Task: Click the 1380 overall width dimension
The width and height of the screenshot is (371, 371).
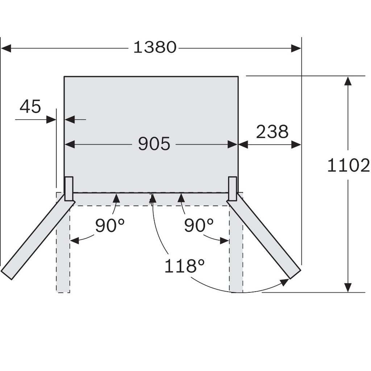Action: click(155, 47)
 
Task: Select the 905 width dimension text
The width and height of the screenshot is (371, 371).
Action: click(154, 144)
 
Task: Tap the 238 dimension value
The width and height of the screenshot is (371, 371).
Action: click(272, 132)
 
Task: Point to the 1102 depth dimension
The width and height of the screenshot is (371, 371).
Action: click(348, 166)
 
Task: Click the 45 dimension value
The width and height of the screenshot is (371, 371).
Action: click(30, 107)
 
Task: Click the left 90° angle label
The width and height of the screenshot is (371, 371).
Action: click(110, 226)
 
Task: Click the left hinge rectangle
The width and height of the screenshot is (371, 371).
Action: click(69, 188)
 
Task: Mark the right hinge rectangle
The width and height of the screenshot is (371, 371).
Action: click(233, 188)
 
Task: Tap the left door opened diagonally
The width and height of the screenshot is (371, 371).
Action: click(36, 241)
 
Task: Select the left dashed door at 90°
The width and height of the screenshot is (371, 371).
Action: click(63, 254)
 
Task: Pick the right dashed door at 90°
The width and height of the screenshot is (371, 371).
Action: click(236, 254)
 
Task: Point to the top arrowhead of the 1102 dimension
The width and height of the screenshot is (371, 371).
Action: click(348, 81)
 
